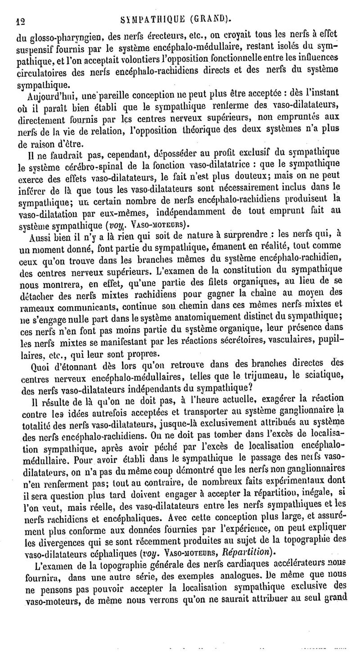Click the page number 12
pyautogui.click(x=19, y=20)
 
